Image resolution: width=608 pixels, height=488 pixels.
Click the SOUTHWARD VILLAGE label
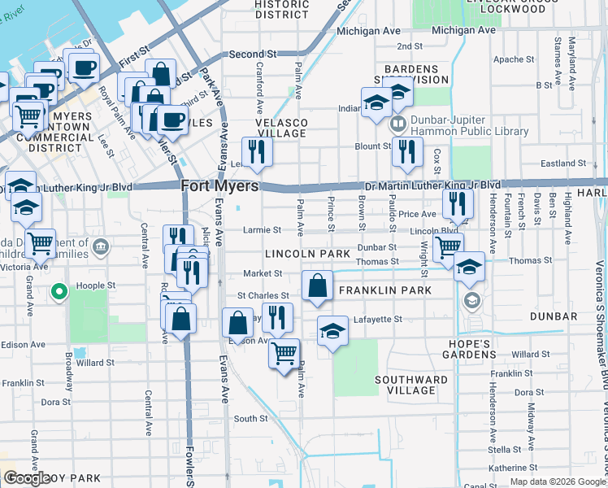pos(411,385)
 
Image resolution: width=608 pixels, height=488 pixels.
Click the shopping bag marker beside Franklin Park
pos(317,285)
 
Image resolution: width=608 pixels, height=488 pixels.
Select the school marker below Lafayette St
pos(332,331)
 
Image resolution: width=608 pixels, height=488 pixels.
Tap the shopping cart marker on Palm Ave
pos(284,354)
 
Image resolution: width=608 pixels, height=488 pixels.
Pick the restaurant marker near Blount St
pos(407,151)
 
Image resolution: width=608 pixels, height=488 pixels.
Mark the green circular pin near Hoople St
pos(59,292)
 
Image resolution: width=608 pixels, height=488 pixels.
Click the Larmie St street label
pos(262,230)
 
